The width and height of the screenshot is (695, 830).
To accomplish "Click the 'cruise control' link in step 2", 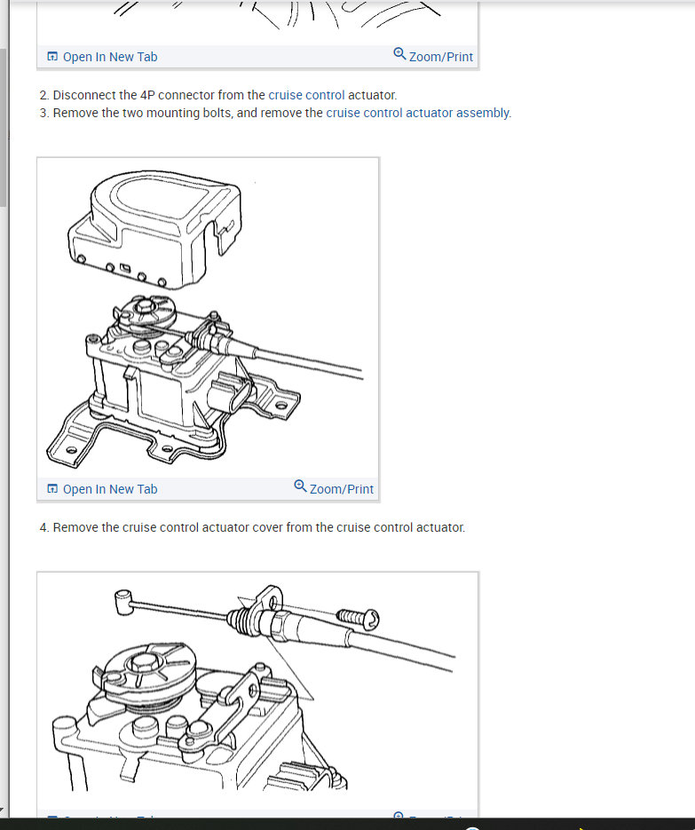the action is [306, 95].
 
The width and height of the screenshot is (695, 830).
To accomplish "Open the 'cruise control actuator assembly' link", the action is [418, 114].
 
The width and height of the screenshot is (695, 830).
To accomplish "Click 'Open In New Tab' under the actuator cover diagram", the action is [103, 489].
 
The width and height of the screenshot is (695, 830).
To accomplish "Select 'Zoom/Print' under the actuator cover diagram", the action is [334, 488].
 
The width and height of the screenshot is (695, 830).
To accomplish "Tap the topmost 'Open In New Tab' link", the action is [103, 57].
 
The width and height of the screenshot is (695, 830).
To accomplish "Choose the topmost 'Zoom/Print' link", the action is [433, 56].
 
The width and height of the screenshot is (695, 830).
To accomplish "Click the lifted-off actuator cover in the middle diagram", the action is [155, 229].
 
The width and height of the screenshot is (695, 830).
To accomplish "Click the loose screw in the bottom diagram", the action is [358, 618].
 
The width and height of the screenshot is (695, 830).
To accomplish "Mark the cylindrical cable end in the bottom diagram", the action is [122, 603].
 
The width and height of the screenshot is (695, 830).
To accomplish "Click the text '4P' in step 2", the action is [147, 95].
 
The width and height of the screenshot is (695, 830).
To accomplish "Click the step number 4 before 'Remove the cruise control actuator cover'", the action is [43, 528].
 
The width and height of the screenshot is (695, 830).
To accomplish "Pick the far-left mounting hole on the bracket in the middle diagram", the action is [71, 450].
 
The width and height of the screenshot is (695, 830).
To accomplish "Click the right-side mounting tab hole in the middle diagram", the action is [281, 406].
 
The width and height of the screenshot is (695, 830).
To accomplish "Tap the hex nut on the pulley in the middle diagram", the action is [144, 306].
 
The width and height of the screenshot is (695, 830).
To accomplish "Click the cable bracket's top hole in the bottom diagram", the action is [273, 601].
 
